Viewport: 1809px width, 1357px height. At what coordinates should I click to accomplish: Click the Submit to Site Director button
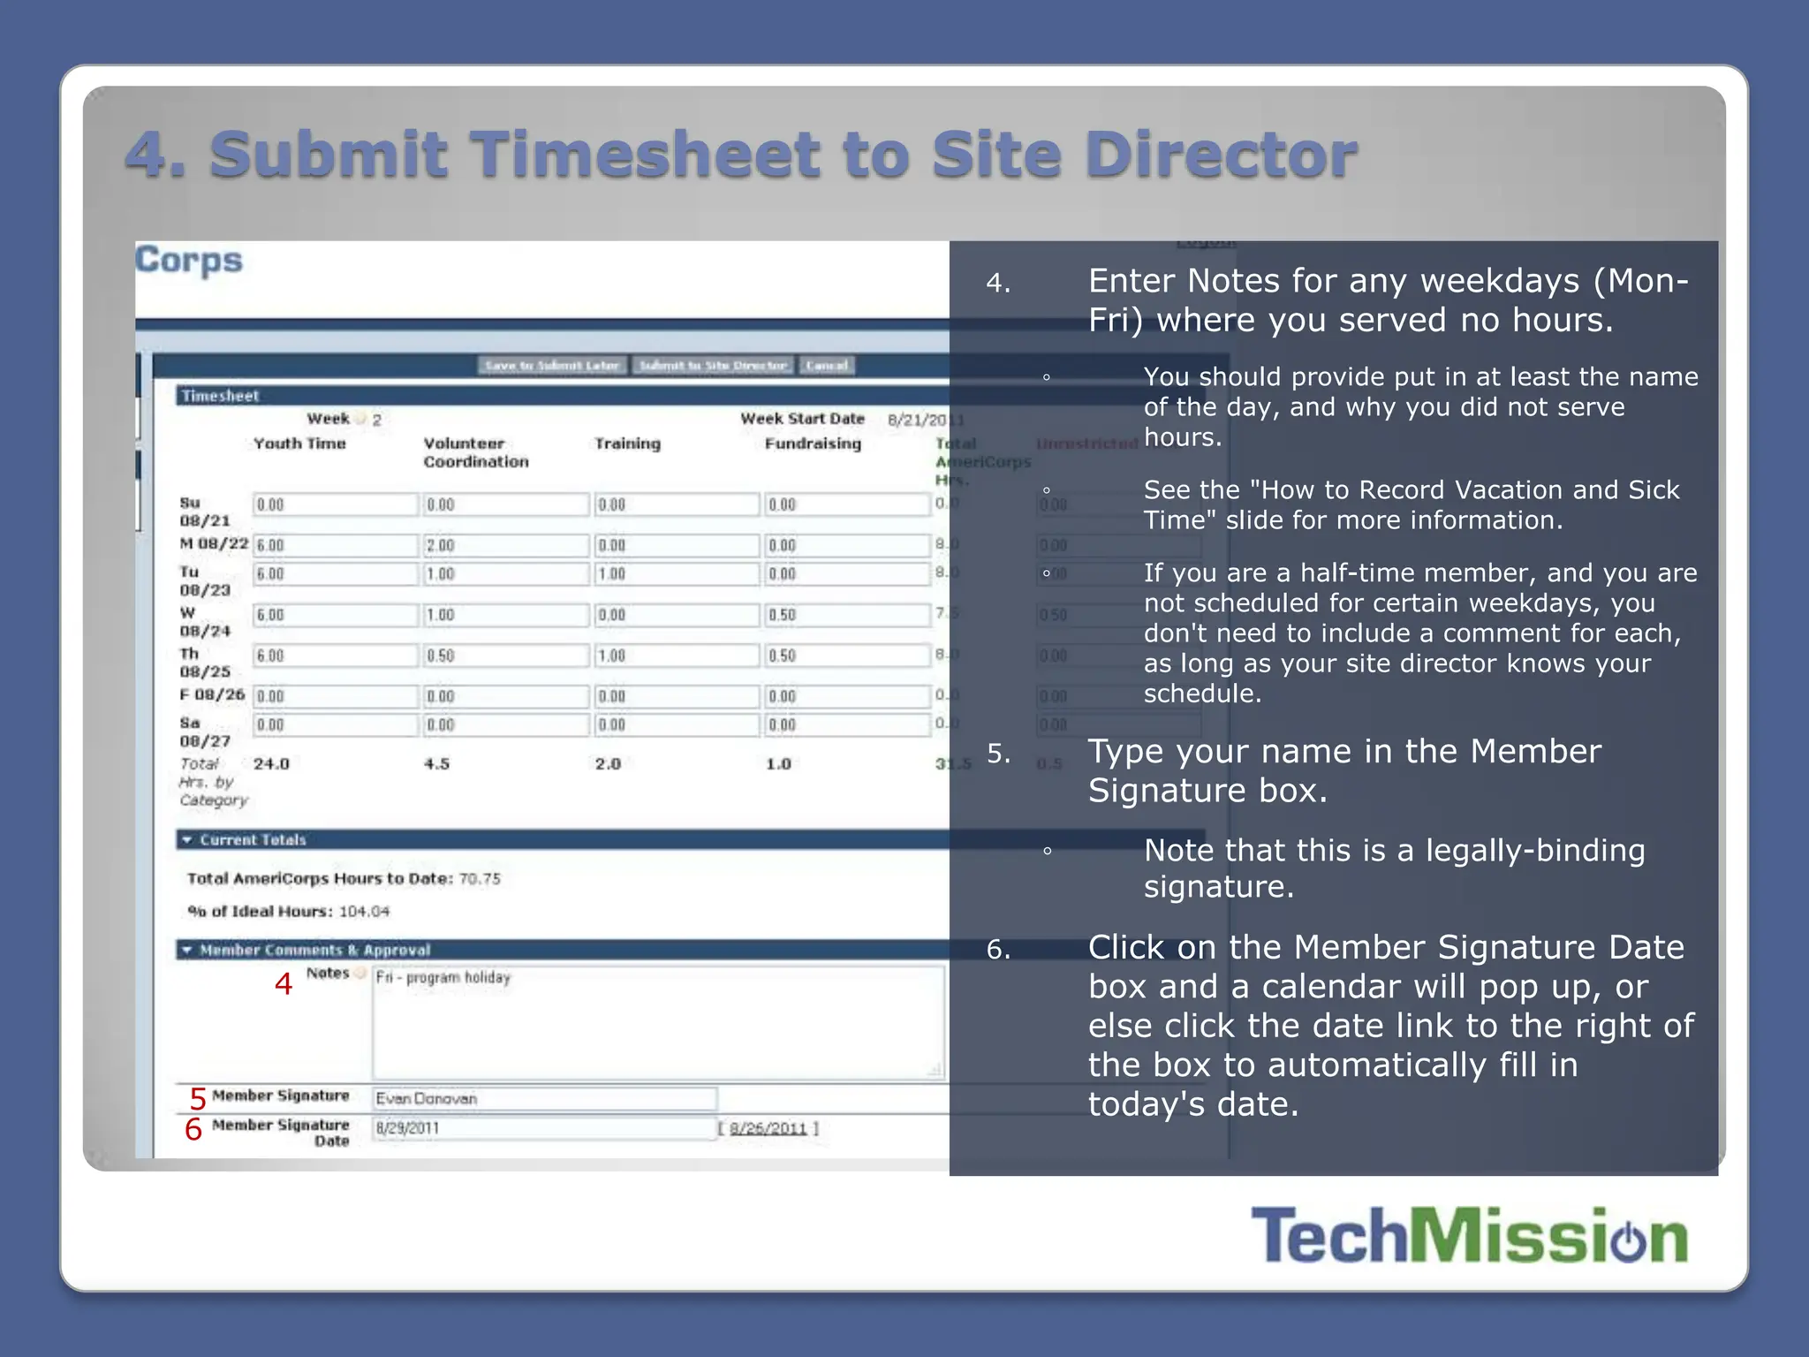pyautogui.click(x=713, y=366)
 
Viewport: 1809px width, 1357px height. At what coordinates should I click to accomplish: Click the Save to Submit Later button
pyautogui.click(x=553, y=366)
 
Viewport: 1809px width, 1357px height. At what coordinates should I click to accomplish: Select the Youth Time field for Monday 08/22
pyautogui.click(x=335, y=545)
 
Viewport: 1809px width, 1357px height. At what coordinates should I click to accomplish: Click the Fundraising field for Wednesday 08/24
pyautogui.click(x=846, y=615)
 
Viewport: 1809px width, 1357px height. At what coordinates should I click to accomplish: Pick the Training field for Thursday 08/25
pyautogui.click(x=676, y=656)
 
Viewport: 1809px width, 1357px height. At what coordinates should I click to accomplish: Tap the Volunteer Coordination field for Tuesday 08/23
pyautogui.click(x=505, y=574)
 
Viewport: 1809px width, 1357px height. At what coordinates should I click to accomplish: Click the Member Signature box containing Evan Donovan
pyautogui.click(x=544, y=1098)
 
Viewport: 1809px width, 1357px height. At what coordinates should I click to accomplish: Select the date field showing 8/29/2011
pyautogui.click(x=544, y=1128)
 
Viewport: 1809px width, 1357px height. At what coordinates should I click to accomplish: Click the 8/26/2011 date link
pyautogui.click(x=768, y=1128)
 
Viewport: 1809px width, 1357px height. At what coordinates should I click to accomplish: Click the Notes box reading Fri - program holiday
pyautogui.click(x=658, y=1021)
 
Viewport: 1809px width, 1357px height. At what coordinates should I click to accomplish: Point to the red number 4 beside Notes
pyautogui.click(x=283, y=983)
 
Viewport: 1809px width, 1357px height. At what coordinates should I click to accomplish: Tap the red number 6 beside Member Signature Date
pyautogui.click(x=193, y=1129)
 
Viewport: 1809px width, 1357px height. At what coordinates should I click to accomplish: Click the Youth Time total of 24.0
pyautogui.click(x=271, y=763)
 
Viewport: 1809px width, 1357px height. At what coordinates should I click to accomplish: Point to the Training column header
pyautogui.click(x=627, y=443)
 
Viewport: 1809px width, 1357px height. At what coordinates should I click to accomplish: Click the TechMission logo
pyautogui.click(x=1469, y=1235)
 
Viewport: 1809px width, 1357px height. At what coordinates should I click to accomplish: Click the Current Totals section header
pyautogui.click(x=253, y=839)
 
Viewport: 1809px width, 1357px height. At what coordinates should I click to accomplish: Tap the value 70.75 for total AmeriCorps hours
pyautogui.click(x=480, y=878)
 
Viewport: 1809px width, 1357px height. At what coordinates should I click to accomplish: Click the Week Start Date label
pyautogui.click(x=802, y=419)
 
